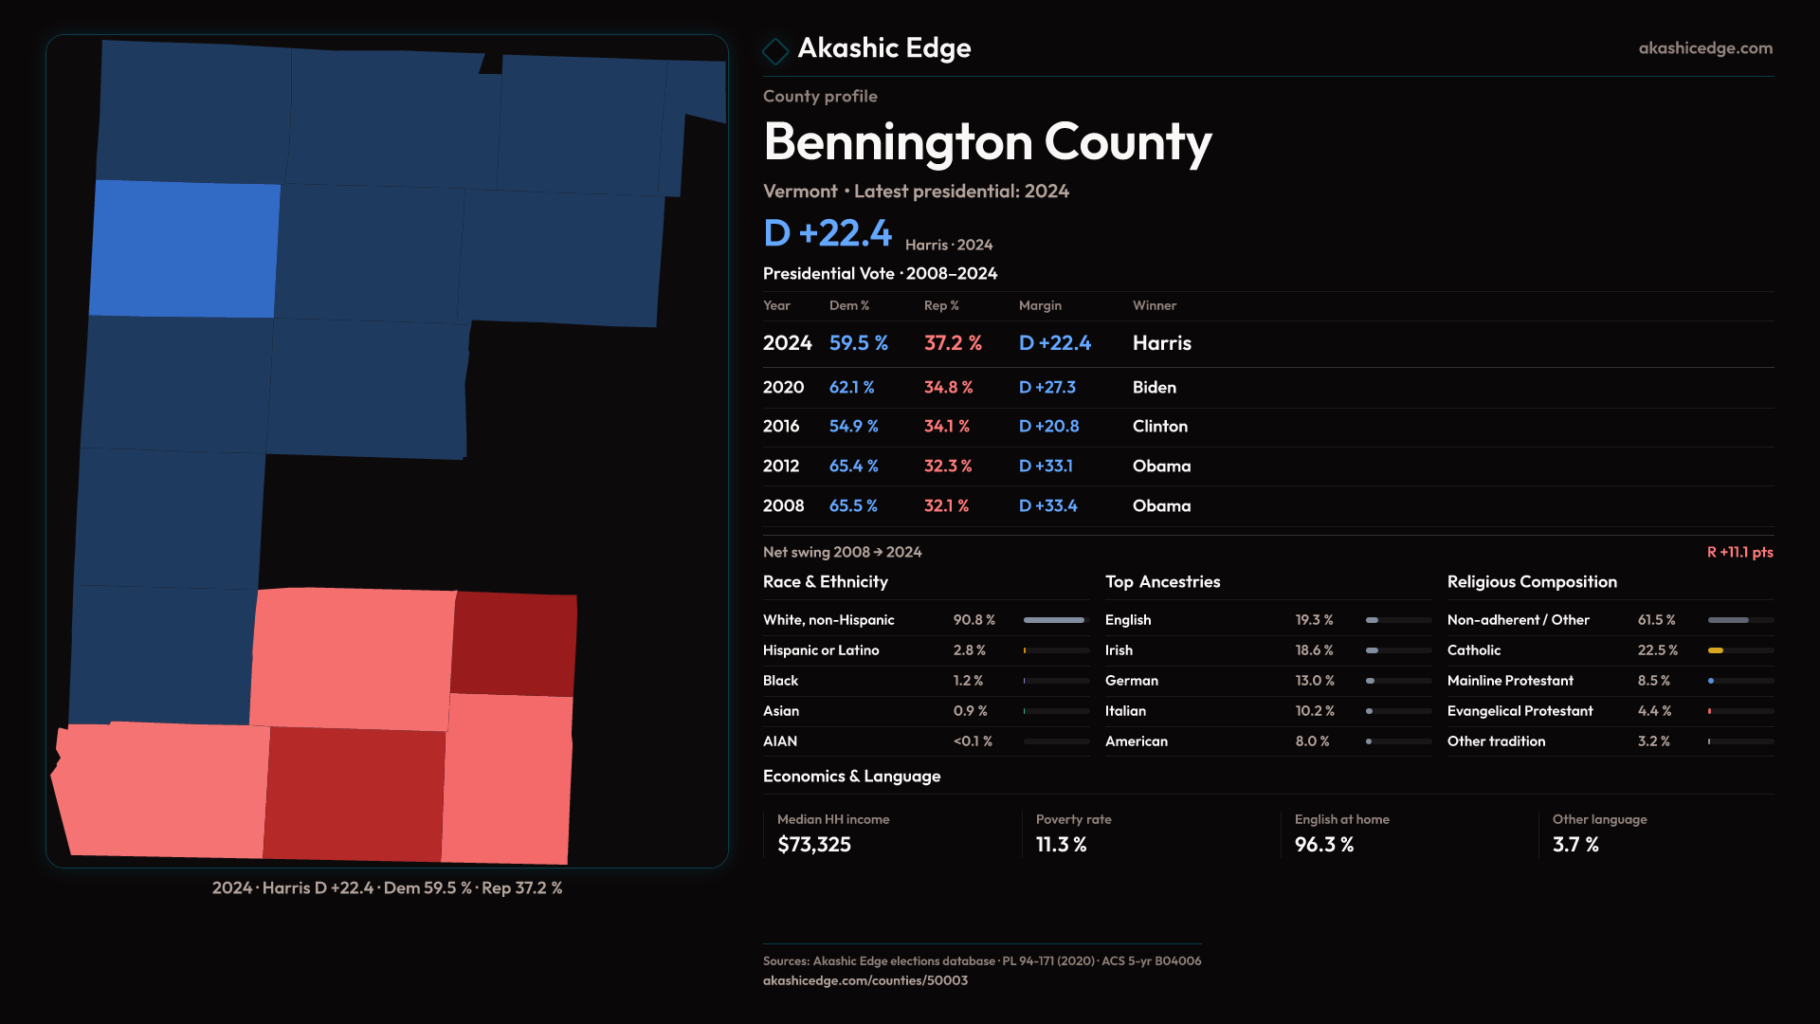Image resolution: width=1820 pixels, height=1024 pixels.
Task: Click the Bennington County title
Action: coord(987,142)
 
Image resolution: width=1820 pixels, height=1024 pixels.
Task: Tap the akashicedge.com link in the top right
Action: coord(1704,48)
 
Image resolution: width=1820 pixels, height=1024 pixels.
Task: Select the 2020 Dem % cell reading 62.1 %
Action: coord(851,388)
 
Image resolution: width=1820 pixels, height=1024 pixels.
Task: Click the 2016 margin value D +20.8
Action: coord(1048,427)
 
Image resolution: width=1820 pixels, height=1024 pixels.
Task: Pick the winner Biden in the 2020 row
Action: coord(1154,388)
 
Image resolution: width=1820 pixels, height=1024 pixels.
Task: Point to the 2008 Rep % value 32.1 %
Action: coord(946,506)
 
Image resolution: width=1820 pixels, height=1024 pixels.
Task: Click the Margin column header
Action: coord(1040,305)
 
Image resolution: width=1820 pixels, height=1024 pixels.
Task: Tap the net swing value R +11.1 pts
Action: coord(1739,553)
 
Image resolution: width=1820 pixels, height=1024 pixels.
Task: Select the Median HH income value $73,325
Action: coord(813,845)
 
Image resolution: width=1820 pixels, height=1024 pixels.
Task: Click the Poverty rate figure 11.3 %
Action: coord(1061,845)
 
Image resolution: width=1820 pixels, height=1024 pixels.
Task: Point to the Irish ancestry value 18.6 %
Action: coord(1314,650)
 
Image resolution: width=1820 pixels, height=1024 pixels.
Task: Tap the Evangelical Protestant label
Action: coord(1520,711)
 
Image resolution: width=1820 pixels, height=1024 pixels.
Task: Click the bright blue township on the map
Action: coord(185,248)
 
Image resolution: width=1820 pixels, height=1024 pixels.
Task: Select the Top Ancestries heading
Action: coord(1162,582)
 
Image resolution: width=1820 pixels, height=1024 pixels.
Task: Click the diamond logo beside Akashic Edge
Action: coord(775,51)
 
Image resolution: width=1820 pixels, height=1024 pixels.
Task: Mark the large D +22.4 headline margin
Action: coord(828,233)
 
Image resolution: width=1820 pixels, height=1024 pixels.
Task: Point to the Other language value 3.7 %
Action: coord(1575,845)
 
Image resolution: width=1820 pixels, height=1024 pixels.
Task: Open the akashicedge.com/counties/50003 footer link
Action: coord(864,980)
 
